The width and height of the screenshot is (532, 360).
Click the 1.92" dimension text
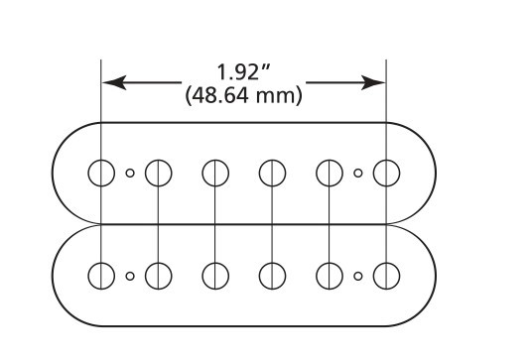(243, 72)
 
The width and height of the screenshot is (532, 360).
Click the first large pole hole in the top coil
(101, 173)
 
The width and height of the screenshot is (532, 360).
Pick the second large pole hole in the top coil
(158, 174)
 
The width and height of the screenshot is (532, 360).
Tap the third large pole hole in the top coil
(214, 174)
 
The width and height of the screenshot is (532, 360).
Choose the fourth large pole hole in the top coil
(272, 174)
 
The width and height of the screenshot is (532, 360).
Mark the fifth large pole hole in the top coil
(329, 174)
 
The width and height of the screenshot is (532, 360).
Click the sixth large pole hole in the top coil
(385, 174)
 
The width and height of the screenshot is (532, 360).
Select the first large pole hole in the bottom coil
(101, 274)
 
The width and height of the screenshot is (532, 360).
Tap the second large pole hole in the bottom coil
(158, 274)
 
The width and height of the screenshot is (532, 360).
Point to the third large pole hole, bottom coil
(214, 274)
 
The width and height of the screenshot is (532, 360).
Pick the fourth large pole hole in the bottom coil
(272, 274)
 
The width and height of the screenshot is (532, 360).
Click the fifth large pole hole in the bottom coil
(329, 274)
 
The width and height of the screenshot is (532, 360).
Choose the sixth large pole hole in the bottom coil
(385, 274)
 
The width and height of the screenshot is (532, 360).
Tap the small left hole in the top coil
(130, 174)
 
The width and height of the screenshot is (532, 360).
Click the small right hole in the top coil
(357, 174)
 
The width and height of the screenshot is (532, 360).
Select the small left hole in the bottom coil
(130, 275)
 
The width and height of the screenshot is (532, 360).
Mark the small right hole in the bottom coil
(357, 275)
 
